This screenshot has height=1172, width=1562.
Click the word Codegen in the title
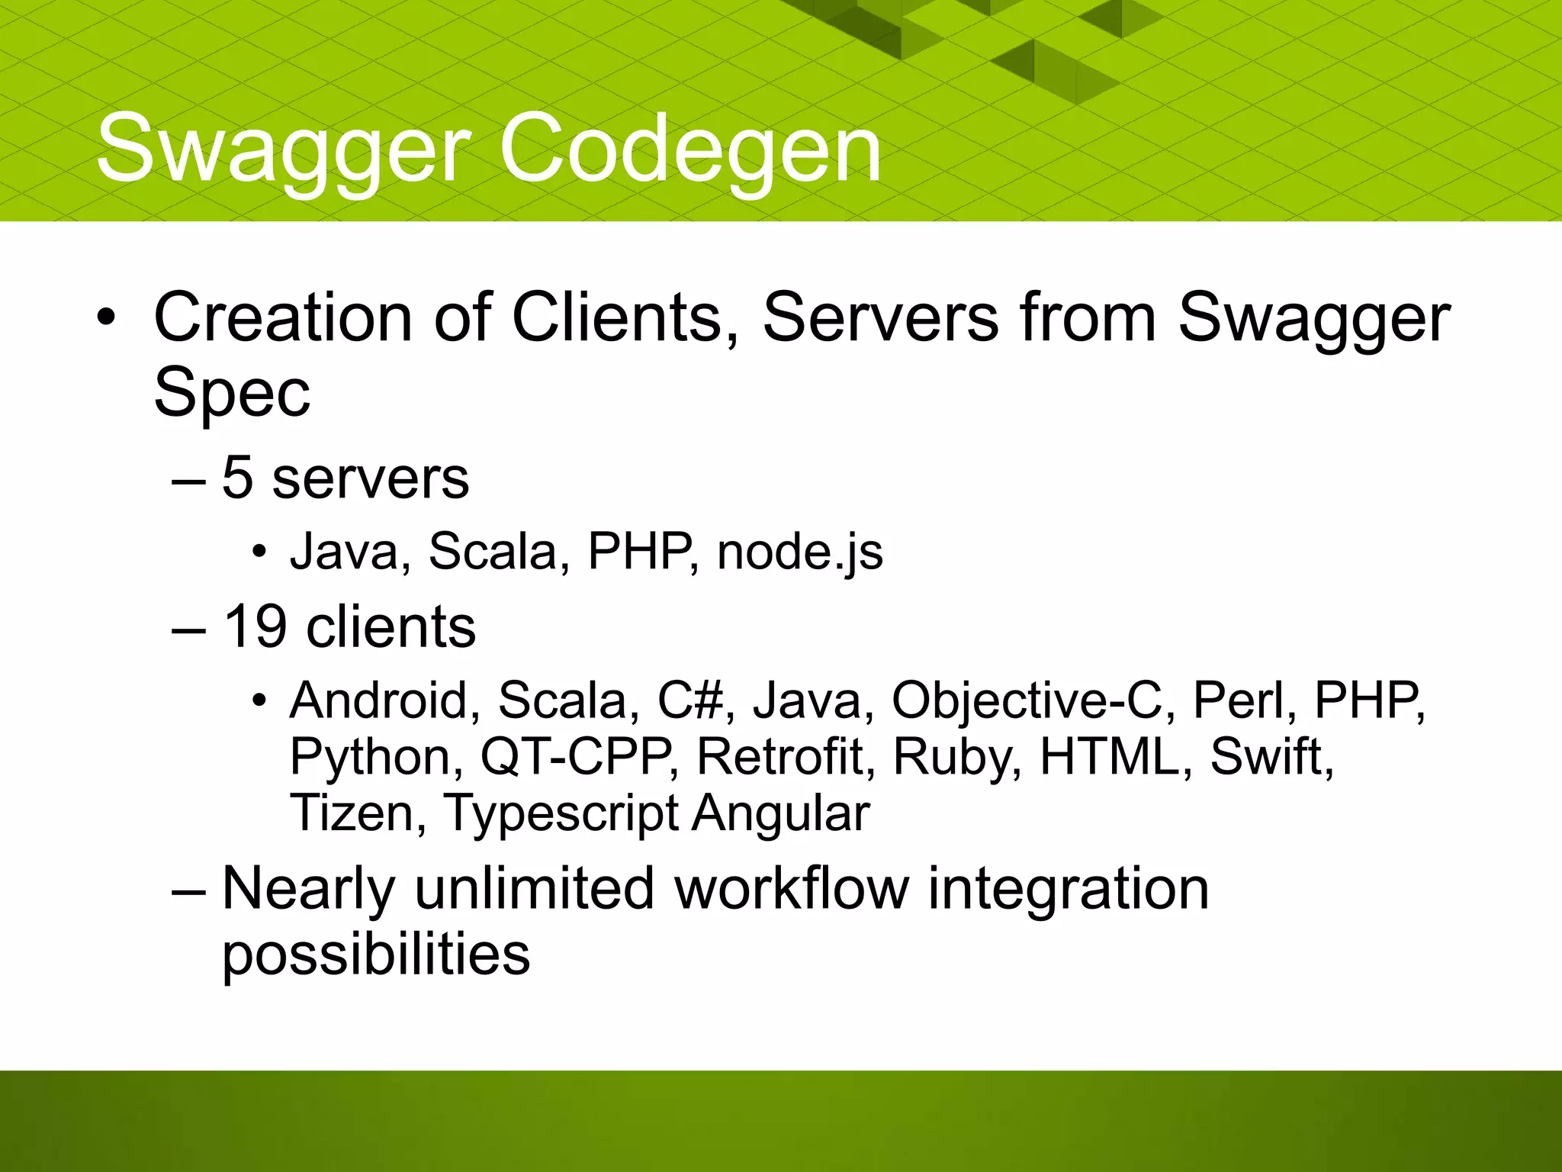pos(690,149)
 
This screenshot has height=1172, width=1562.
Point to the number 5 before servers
pos(237,478)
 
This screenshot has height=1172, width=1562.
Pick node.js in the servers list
pos(799,551)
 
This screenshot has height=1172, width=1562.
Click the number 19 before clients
pos(255,627)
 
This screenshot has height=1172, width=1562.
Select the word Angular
pos(781,813)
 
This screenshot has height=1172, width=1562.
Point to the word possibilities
pos(376,955)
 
